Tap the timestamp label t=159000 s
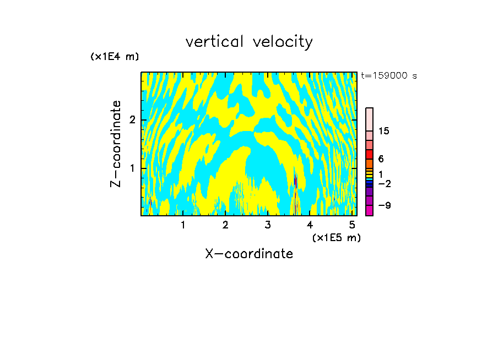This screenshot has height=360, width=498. coord(388,76)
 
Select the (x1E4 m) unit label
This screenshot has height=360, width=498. coord(115,56)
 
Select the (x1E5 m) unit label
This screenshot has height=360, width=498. coord(336,237)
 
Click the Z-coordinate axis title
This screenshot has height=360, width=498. coord(116,144)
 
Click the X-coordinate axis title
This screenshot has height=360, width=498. coord(249,254)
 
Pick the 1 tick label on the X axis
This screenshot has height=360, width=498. coord(183,225)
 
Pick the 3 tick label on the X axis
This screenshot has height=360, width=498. coord(268,225)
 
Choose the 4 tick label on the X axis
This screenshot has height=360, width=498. coord(310,225)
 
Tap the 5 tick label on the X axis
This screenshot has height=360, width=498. coord(352,225)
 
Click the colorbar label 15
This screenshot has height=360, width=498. coord(384,131)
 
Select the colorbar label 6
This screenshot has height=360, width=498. coord(381,159)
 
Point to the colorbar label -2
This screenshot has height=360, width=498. coord(383,183)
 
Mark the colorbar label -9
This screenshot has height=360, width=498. coord(383,205)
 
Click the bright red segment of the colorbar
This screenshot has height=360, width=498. coord(369,154)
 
